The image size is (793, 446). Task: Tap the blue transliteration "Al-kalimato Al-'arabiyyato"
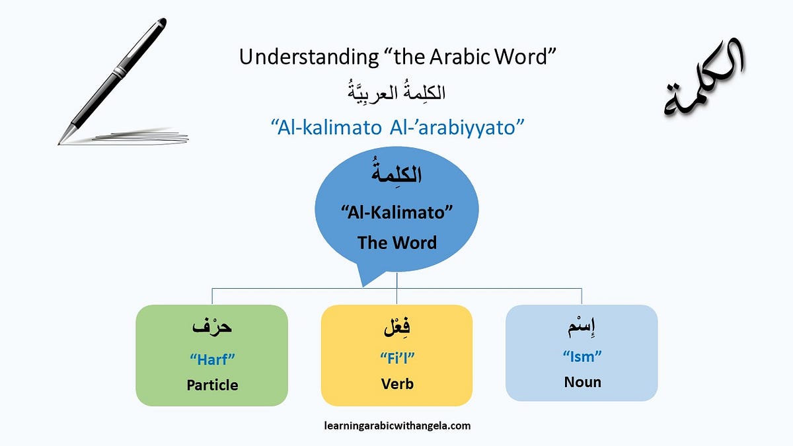click(x=397, y=127)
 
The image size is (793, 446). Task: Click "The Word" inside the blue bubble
click(x=397, y=242)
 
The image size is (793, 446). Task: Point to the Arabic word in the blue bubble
click(x=397, y=176)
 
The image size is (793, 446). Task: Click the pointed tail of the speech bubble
click(x=362, y=282)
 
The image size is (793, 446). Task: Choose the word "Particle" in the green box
click(x=212, y=385)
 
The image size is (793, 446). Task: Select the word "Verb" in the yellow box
click(x=397, y=383)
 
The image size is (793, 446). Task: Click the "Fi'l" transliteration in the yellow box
click(x=397, y=359)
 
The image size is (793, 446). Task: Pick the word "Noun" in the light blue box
click(x=582, y=382)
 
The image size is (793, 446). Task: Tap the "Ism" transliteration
click(x=582, y=357)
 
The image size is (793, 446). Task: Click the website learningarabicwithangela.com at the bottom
click(x=397, y=426)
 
